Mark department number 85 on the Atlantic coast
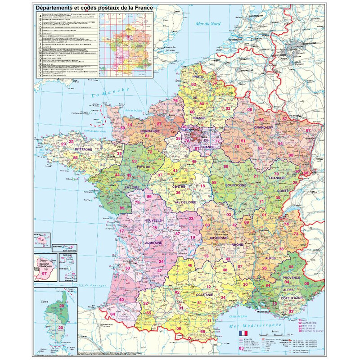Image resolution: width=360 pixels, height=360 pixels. click(x=121, y=207)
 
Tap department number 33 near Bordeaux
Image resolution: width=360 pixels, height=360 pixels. click(x=127, y=269)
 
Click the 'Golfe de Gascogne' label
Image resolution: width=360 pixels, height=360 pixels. click(x=81, y=287)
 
